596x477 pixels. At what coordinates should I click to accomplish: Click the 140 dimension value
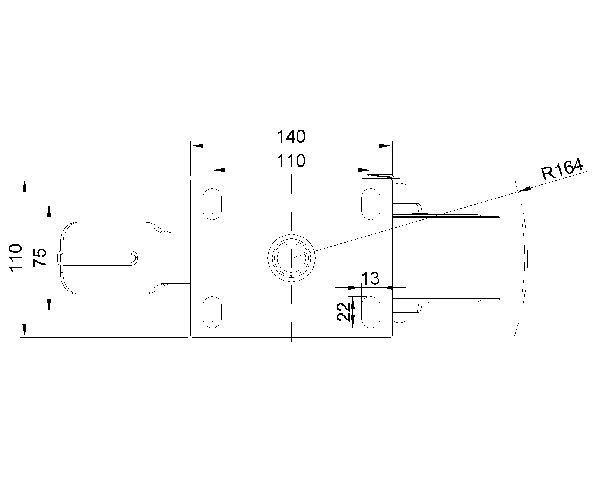click(291, 137)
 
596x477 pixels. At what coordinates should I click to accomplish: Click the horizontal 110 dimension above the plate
click(291, 161)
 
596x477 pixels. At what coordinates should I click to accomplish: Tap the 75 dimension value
click(40, 258)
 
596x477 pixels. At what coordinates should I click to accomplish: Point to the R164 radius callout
click(562, 169)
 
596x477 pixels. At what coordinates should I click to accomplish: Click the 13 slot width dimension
click(370, 278)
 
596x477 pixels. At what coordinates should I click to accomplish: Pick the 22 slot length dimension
click(343, 312)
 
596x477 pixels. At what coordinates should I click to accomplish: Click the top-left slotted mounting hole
click(212, 204)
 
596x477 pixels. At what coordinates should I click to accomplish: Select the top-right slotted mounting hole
click(371, 204)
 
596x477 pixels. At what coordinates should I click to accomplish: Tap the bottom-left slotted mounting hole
click(212, 312)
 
